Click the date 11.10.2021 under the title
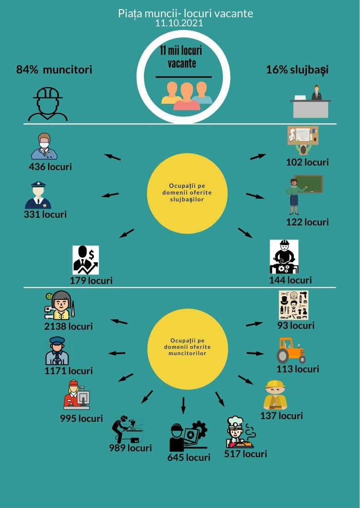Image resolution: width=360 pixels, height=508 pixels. coord(179,23)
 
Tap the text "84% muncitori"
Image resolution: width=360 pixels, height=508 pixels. coord(54,69)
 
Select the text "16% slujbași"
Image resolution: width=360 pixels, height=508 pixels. coord(297,70)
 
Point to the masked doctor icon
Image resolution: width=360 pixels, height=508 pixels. coord(44,146)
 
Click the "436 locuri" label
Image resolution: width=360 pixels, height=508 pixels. coord(50,166)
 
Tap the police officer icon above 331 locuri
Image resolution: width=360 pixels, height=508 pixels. coord(38,195)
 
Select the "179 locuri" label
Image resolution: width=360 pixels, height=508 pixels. coord(91,280)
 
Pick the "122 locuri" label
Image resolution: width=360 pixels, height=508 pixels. coord(307,222)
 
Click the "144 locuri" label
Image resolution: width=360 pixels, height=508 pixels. coord(290,280)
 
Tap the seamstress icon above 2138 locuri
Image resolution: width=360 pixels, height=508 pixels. coord(59,305)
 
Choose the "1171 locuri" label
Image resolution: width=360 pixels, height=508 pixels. coord(69,371)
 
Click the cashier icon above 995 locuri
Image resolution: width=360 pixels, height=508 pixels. coord(77,395)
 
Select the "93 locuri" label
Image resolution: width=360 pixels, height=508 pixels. coord(296,325)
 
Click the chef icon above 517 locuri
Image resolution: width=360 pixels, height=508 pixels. coord(240,432)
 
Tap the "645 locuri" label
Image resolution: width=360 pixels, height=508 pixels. coord(189,458)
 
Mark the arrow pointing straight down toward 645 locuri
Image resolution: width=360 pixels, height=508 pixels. coord(183,405)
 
